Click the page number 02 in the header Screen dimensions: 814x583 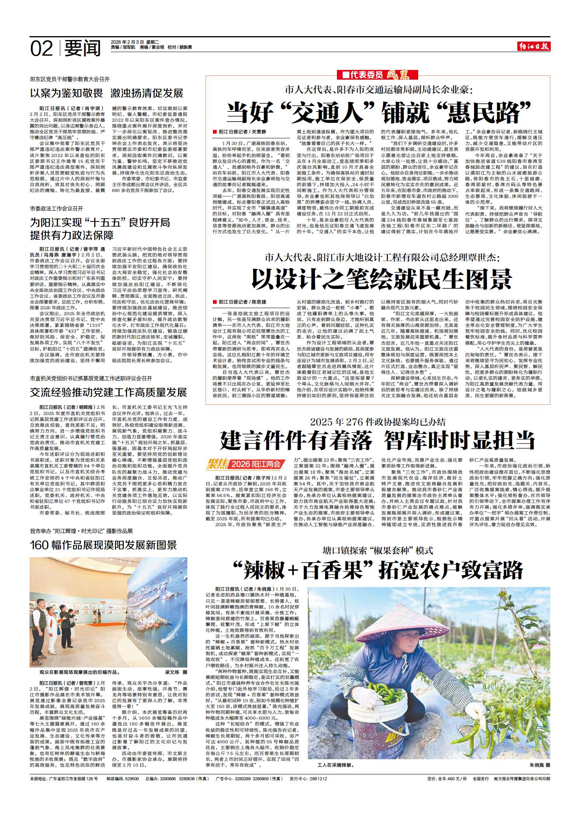[41, 49]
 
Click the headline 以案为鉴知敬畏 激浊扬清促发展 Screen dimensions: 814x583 [106, 93]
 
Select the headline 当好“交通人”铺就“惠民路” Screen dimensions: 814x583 [379, 113]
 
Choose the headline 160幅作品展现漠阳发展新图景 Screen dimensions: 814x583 [103, 545]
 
